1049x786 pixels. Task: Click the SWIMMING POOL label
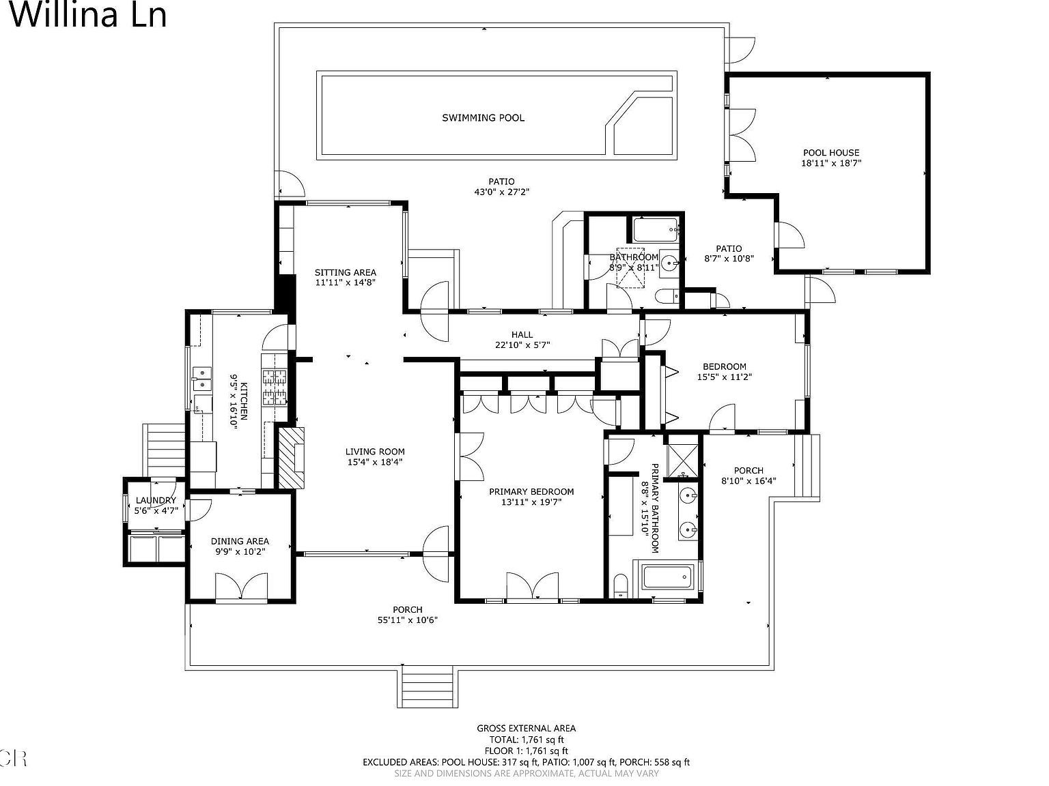click(483, 118)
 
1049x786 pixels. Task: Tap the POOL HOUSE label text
click(830, 153)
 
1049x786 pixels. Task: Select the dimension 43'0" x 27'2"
click(501, 192)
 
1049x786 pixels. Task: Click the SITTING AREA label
click(345, 272)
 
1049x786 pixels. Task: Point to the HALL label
click(522, 334)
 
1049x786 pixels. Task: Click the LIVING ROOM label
click(374, 451)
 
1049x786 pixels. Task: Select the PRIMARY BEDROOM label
click(531, 491)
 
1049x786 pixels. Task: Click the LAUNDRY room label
click(156, 500)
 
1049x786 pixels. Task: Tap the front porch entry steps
click(427, 687)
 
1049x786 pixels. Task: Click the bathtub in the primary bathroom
click(668, 579)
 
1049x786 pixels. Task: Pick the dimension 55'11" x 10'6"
click(407, 620)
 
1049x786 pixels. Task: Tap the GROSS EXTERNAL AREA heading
click(526, 728)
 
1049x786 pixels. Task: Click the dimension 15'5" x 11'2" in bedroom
click(724, 377)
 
